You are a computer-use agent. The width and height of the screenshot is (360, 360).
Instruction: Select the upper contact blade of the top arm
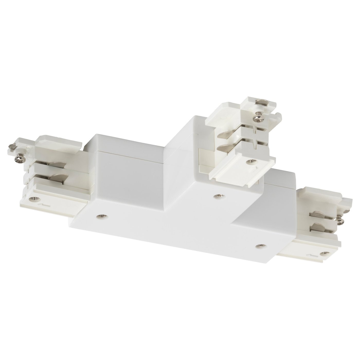coord(224,134)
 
